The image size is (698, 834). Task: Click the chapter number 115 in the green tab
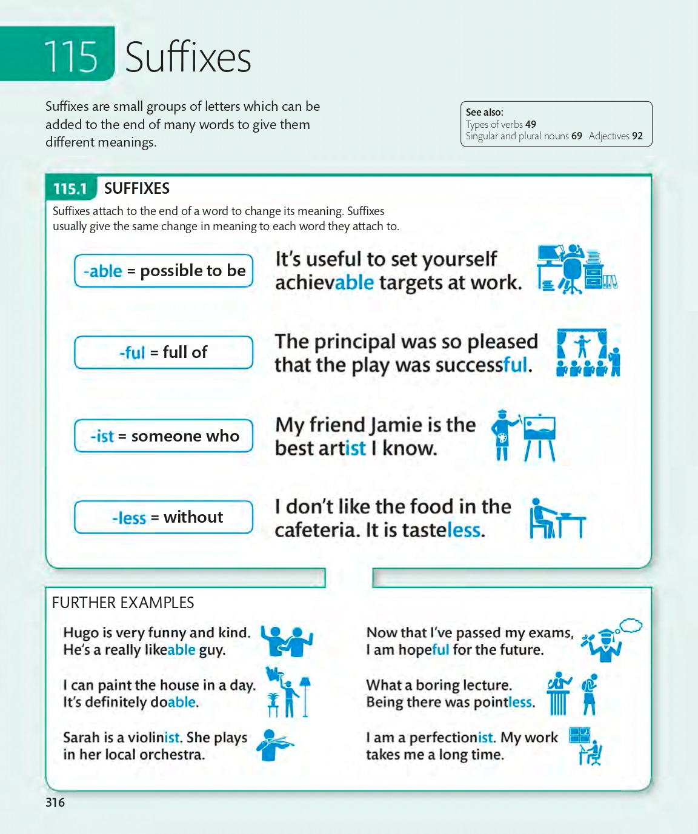tap(70, 57)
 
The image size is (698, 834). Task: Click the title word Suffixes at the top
tap(188, 58)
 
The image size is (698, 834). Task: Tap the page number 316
tap(55, 803)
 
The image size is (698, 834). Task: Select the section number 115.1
tap(70, 189)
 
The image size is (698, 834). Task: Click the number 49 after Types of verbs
tap(531, 124)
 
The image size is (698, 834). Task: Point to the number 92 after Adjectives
tap(637, 136)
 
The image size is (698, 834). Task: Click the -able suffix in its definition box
tap(103, 271)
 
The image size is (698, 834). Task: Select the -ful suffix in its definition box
tap(132, 352)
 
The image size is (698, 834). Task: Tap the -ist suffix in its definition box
tap(102, 436)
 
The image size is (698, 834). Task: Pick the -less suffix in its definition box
tap(129, 518)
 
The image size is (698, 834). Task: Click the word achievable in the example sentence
tap(324, 283)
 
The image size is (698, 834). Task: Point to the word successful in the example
tap(481, 365)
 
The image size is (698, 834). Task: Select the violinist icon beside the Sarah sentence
tap(274, 744)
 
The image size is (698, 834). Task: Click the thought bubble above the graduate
tap(631, 625)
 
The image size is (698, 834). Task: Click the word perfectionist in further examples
tap(452, 738)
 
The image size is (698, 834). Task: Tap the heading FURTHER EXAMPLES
tap(123, 603)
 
